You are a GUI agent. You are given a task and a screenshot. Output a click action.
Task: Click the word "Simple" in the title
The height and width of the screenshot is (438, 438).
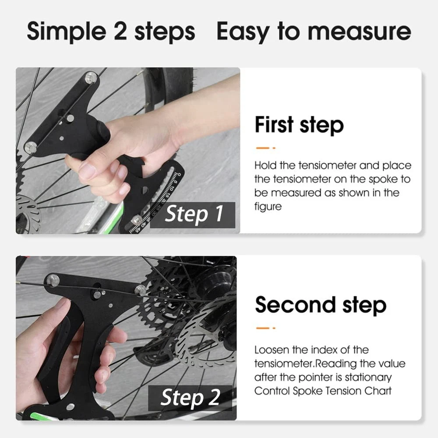[67, 31]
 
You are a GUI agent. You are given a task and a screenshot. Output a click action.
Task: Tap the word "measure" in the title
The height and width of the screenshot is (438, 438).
[359, 31]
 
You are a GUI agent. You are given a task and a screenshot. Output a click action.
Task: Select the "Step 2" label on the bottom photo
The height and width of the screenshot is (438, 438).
[190, 397]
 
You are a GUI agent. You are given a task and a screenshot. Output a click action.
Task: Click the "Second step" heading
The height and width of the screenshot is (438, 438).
[321, 305]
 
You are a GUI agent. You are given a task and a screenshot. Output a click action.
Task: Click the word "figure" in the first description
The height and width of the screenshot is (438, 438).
[268, 207]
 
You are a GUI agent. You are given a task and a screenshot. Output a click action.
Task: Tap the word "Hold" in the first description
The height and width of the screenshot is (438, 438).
[265, 166]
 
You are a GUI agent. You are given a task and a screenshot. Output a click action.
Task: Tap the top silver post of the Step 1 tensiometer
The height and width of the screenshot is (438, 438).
[91, 78]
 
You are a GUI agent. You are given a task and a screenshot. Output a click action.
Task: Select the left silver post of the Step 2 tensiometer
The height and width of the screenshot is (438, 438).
[53, 280]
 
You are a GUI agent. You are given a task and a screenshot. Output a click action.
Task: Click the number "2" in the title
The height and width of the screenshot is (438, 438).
[120, 31]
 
